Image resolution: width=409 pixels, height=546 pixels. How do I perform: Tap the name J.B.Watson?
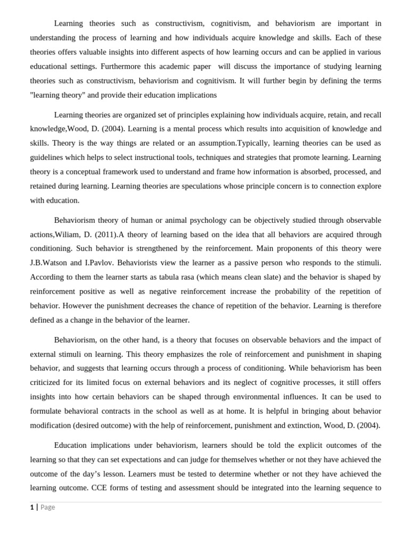48,263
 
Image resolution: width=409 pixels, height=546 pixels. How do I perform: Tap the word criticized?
47,382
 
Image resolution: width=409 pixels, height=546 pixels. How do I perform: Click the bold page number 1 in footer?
31,507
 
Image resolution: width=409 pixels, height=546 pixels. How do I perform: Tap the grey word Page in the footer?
47,507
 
